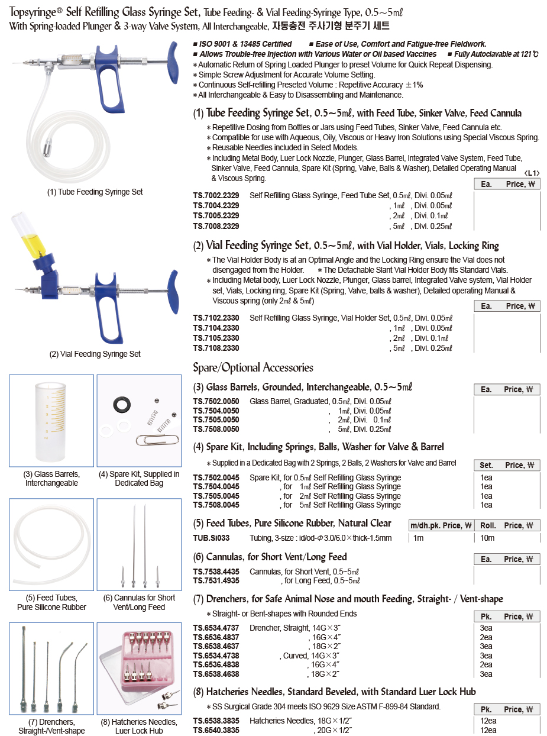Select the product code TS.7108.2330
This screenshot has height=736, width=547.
(216, 348)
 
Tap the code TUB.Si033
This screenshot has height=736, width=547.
(211, 538)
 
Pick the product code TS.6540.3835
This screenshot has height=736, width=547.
(216, 730)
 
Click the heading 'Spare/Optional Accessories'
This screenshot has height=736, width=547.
(253, 367)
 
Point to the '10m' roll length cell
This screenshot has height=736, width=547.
(487, 538)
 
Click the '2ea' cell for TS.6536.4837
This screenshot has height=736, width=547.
(486, 637)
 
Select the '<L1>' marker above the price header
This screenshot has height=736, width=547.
(532, 173)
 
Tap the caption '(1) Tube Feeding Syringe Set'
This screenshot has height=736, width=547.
(95, 192)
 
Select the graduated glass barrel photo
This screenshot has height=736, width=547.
(51, 420)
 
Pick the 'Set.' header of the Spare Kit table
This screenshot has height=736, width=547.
(486, 465)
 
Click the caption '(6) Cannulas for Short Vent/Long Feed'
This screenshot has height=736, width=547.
(139, 602)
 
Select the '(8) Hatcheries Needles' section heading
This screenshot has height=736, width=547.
(335, 692)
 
